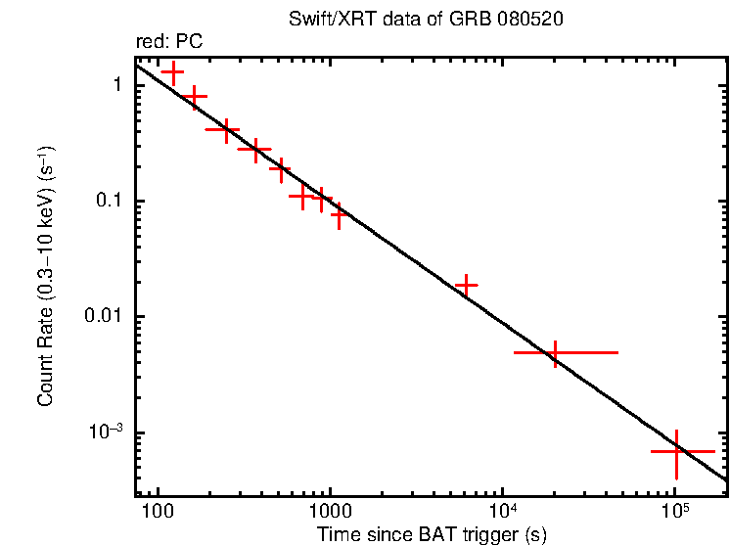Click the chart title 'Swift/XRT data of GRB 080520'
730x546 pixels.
coord(426,20)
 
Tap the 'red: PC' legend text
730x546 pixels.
coord(169,41)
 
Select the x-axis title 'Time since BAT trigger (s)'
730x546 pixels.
coord(431,534)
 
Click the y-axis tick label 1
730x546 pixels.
coord(115,85)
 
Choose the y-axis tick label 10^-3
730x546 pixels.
coord(105,432)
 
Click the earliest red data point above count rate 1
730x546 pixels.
coord(173,72)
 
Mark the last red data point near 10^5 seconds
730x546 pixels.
coord(676,452)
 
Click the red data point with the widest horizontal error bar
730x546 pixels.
coord(556,352)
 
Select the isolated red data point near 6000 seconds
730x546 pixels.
coord(467,286)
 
